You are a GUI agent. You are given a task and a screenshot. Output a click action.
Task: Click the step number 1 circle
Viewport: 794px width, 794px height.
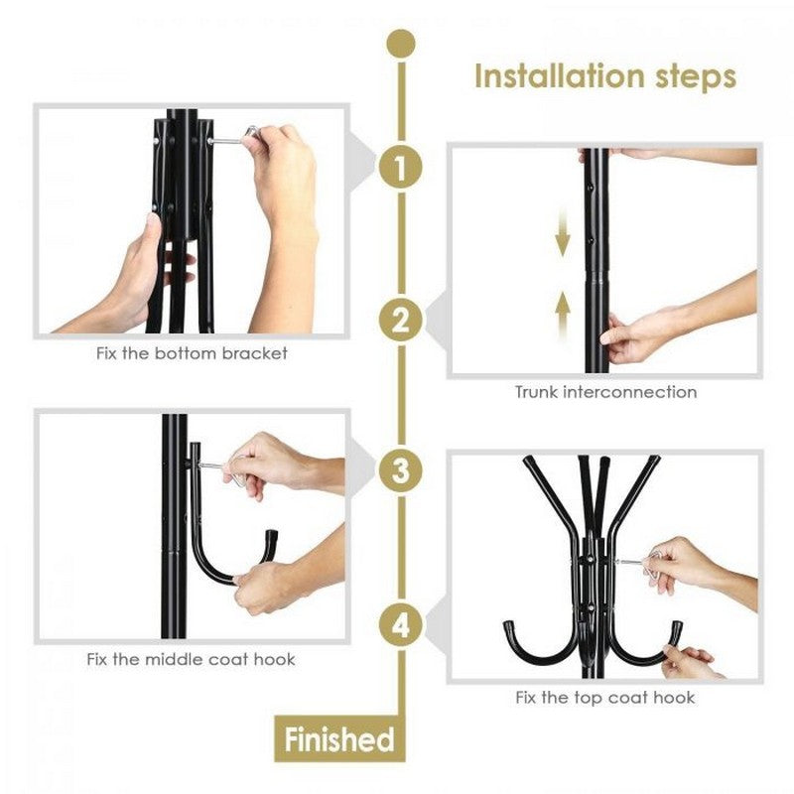click(400, 167)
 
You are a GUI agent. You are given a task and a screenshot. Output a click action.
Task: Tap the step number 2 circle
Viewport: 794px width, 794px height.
click(400, 320)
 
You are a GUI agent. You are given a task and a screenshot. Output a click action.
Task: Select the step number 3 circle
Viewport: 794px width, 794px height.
click(400, 470)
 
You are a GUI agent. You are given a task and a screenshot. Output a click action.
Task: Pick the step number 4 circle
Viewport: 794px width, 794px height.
click(400, 625)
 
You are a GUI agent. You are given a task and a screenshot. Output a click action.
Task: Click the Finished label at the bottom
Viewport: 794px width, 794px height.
click(338, 739)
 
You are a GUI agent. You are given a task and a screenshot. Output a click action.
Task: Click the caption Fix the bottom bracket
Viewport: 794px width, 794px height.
click(192, 353)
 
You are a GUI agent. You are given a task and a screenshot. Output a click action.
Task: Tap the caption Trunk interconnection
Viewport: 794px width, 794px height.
click(605, 392)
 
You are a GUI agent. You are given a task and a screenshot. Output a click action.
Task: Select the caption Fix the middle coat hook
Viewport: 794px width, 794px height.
click(190, 659)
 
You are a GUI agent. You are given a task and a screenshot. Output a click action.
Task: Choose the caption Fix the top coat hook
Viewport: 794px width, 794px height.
click(605, 698)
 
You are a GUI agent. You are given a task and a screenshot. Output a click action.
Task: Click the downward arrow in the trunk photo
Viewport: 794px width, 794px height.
click(563, 237)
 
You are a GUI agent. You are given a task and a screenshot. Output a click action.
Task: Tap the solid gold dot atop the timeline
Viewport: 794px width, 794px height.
click(400, 43)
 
